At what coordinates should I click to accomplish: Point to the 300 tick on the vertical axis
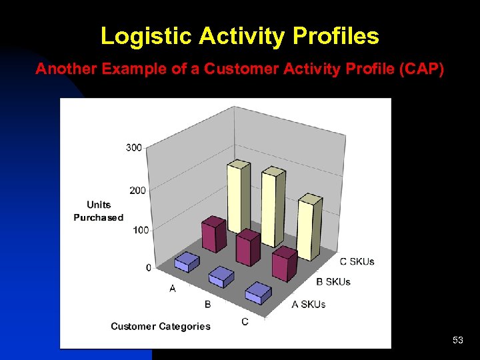133,147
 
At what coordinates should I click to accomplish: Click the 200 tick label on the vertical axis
136,191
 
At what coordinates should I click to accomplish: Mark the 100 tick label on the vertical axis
141,230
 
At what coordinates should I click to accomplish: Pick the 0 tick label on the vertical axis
149,267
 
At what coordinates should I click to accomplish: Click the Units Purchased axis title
99,211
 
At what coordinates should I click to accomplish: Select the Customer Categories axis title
160,326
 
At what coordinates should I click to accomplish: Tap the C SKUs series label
357,261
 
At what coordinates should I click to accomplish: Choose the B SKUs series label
333,282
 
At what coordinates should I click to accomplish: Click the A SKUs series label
309,305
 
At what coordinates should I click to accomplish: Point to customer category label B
208,305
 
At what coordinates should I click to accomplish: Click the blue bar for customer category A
187,263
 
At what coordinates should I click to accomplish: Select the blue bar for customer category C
258,293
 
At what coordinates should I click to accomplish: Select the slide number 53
457,341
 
